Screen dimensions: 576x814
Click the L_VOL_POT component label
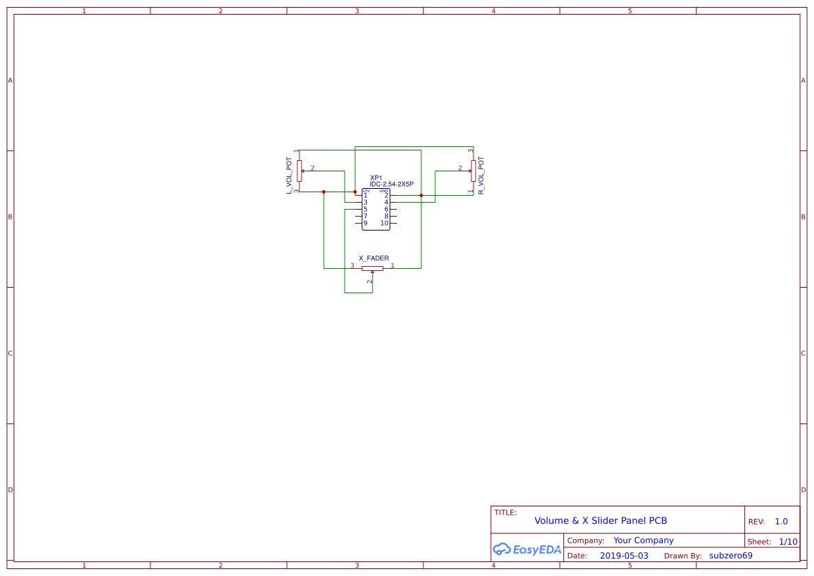[289, 175]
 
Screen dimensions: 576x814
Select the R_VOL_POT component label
[481, 175]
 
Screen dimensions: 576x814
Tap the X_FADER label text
[374, 258]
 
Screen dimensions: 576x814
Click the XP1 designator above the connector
[376, 178]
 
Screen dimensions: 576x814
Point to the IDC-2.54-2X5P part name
[391, 185]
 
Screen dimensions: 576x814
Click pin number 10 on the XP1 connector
[384, 224]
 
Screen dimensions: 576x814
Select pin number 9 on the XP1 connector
[366, 224]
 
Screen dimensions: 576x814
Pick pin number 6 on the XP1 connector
[386, 210]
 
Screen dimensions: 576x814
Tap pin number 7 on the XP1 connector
[366, 217]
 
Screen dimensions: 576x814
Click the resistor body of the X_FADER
[373, 268]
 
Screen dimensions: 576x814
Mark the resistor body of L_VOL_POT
[299, 170]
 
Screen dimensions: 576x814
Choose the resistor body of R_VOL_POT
[473, 170]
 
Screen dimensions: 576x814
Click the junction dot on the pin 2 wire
[421, 196]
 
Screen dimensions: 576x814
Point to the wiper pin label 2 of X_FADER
[369, 282]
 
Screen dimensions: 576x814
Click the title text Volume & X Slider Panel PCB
[600, 521]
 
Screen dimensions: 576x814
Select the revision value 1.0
[781, 522]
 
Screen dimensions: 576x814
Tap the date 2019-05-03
[624, 556]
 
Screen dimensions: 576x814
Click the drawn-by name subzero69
[730, 556]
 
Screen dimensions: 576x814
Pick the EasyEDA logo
[526, 549]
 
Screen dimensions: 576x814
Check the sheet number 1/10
[788, 541]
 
